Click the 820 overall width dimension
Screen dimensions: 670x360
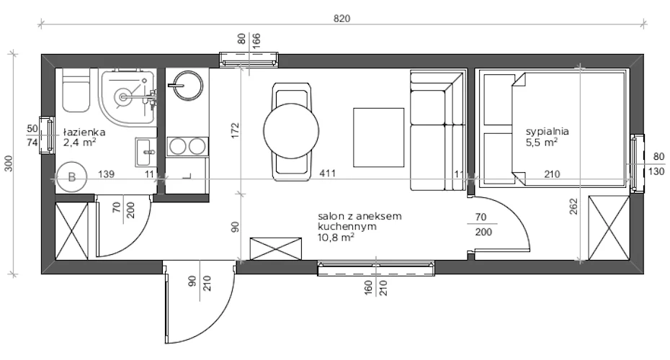(x=341, y=19)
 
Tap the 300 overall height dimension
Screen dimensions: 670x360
(x=9, y=163)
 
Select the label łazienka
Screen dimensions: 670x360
(x=84, y=132)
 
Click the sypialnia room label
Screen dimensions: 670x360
(x=548, y=132)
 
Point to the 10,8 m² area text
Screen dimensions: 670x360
(x=336, y=238)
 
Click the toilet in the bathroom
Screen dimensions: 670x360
(x=76, y=90)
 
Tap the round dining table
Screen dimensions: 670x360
(x=291, y=131)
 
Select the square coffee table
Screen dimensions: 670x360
(x=378, y=138)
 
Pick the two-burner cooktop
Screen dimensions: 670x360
(x=187, y=146)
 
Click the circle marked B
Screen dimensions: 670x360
(x=71, y=178)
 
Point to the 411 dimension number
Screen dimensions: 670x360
(x=327, y=174)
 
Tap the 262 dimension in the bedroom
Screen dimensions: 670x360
(x=573, y=206)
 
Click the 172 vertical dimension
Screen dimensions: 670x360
(x=235, y=130)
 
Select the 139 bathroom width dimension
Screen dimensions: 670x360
(x=106, y=174)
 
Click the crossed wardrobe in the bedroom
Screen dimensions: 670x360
(x=609, y=228)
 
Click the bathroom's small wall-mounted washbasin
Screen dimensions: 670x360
(x=146, y=152)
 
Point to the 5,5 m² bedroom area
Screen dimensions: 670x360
(x=541, y=143)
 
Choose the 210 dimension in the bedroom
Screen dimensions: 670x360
(x=552, y=174)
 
